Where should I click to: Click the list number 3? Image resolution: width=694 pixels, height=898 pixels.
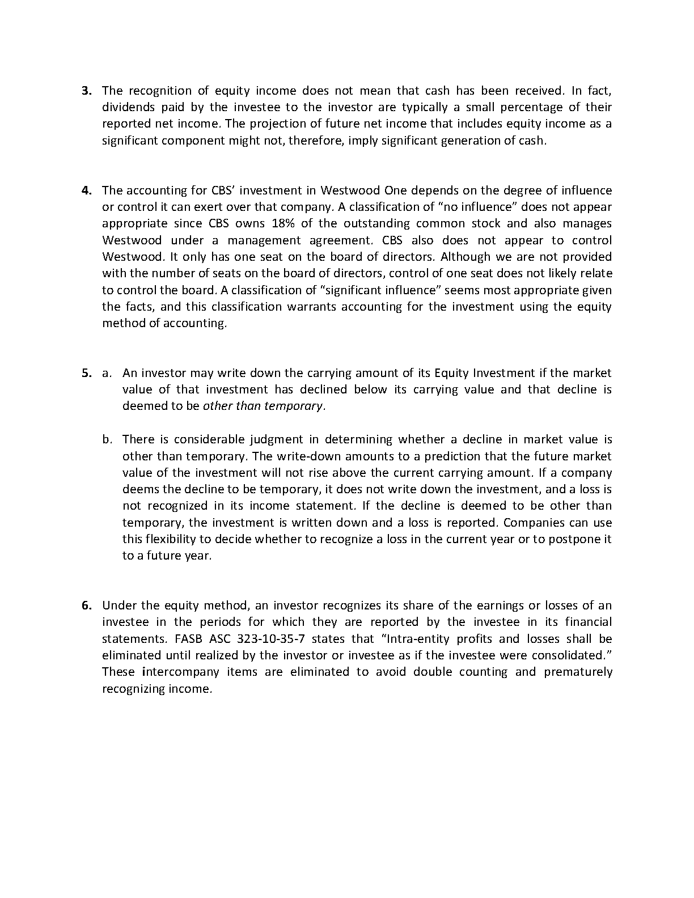(87, 91)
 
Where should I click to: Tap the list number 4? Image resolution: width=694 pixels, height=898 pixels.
(87, 190)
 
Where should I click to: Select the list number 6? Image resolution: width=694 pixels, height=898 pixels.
(87, 605)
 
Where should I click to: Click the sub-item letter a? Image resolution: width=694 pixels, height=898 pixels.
(106, 373)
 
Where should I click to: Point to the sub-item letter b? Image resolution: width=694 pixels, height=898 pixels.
(107, 439)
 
